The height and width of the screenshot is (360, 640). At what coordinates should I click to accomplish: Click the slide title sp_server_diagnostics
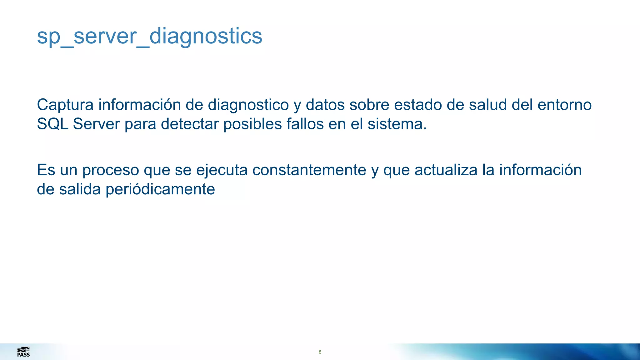pyautogui.click(x=149, y=36)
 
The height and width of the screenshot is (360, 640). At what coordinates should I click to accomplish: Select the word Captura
pyautogui.click(x=65, y=105)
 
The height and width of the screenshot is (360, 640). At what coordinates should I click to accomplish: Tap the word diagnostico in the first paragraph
pyautogui.click(x=248, y=105)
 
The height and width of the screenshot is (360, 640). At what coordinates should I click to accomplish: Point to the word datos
pyautogui.click(x=325, y=105)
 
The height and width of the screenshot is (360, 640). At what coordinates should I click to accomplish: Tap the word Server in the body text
pyautogui.click(x=96, y=124)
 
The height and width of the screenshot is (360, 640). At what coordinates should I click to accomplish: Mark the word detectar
pyautogui.click(x=189, y=124)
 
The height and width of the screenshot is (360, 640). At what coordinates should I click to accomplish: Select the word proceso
pyautogui.click(x=111, y=171)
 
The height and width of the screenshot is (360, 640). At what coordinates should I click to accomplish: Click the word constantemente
pyautogui.click(x=309, y=170)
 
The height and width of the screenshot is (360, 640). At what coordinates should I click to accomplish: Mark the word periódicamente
pyautogui.click(x=160, y=189)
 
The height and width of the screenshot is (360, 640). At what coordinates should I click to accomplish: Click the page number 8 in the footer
pyautogui.click(x=320, y=352)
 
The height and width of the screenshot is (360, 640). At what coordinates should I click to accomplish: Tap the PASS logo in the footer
pyautogui.click(x=23, y=352)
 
